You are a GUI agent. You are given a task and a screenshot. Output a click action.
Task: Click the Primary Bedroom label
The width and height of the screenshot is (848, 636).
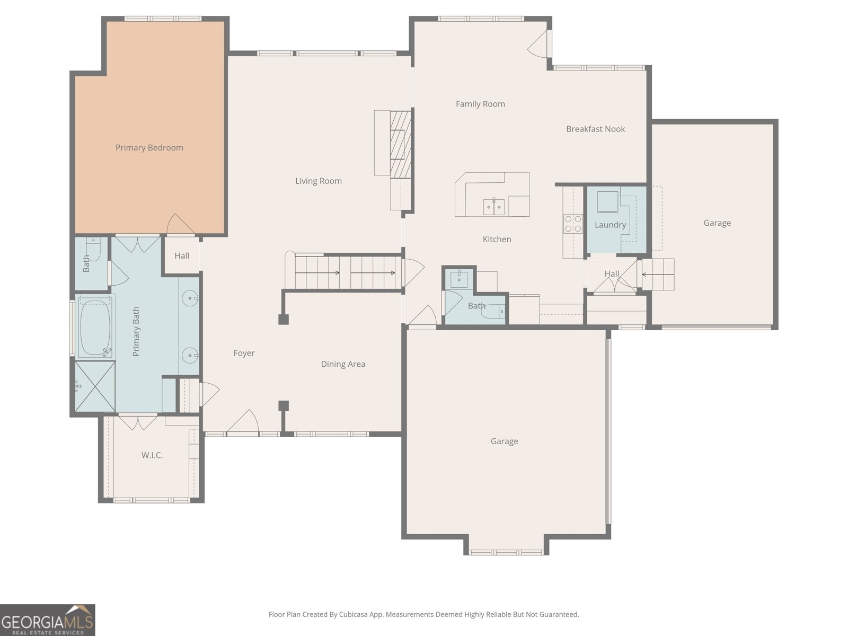point(149,147)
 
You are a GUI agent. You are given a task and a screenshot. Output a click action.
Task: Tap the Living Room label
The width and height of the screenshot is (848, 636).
point(318,181)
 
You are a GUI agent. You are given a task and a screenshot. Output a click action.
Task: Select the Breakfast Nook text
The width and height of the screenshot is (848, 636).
point(595,129)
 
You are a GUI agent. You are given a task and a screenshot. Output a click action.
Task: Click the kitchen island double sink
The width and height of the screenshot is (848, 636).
point(494,207)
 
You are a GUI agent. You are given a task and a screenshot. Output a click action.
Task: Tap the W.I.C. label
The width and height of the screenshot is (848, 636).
point(152,455)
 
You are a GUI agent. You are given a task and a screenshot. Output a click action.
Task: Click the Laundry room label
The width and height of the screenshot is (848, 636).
point(610,225)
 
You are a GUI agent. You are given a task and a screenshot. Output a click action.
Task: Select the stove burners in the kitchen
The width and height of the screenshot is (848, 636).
point(572,223)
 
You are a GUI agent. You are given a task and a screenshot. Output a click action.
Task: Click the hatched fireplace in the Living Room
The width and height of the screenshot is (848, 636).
point(401,143)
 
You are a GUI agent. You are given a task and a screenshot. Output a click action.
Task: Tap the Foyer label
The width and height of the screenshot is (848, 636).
point(244,353)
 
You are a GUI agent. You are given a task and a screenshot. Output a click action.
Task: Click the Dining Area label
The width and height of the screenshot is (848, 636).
point(343,364)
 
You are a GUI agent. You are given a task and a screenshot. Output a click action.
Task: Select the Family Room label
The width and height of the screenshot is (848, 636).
point(480,104)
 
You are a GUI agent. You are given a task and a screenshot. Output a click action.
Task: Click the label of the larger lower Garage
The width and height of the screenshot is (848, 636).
point(504,441)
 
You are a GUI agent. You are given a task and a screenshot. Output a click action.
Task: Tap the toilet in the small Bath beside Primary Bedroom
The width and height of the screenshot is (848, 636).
point(93,249)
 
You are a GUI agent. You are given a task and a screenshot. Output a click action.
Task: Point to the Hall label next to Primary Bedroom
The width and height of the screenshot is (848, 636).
point(182,255)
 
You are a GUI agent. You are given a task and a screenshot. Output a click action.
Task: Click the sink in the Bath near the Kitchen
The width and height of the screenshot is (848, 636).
point(458,278)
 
